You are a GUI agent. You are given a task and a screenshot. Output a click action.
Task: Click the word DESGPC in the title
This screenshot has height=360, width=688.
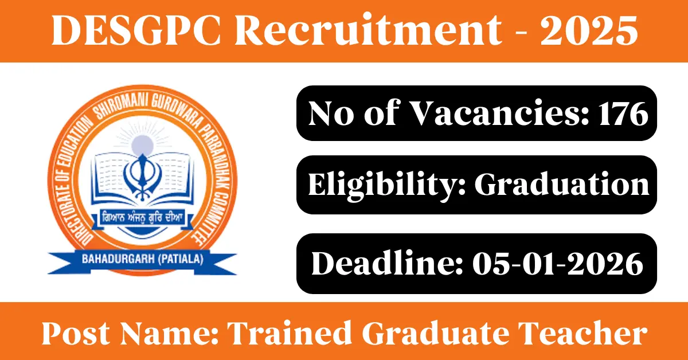(x=136, y=31)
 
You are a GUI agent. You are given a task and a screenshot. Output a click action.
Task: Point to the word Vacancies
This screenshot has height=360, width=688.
(x=499, y=114)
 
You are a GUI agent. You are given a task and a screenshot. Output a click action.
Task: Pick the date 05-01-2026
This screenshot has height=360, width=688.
(x=558, y=264)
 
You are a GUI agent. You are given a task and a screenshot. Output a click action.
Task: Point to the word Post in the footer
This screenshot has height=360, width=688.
(x=76, y=334)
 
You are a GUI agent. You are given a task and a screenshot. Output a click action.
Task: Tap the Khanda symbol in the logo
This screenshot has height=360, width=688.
(x=142, y=177)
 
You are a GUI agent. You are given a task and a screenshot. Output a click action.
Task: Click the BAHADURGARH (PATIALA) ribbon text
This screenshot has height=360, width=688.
(x=143, y=259)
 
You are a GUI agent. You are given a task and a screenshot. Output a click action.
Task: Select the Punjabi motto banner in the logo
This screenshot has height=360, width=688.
(x=143, y=218)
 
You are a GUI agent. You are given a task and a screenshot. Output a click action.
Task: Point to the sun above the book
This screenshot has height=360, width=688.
(x=142, y=145)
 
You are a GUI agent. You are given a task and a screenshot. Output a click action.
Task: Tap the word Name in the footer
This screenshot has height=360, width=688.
(x=169, y=334)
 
